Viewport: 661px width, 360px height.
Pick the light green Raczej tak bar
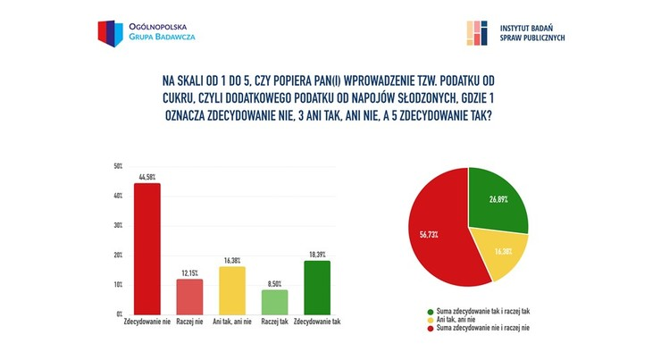coord(274,302)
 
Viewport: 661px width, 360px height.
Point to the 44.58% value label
coord(146,177)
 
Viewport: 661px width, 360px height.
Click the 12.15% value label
coord(188,272)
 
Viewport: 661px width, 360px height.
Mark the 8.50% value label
coord(274,283)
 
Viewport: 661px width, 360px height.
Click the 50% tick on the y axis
coord(118,166)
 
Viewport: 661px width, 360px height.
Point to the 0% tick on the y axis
coord(119,314)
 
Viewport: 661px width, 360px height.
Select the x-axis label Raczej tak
coord(274,321)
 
